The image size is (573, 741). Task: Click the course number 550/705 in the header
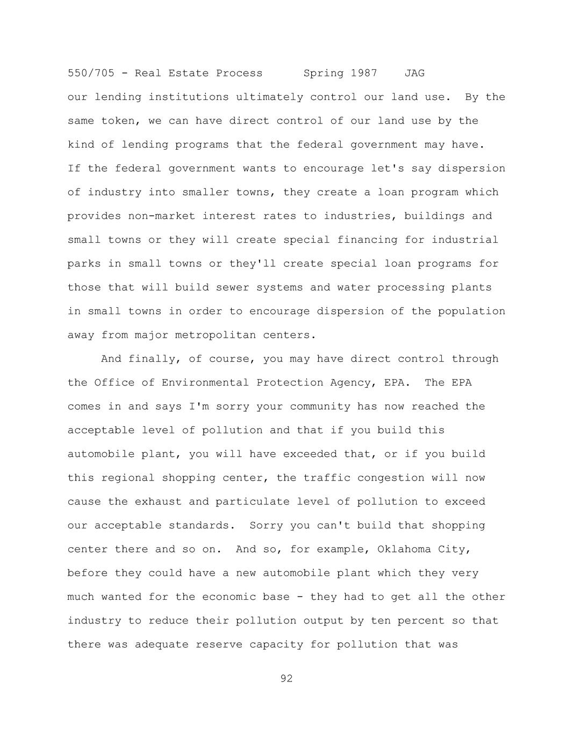click(91, 73)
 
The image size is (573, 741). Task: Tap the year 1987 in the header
click(364, 73)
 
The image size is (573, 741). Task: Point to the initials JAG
click(414, 73)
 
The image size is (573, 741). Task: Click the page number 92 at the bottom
click(286, 679)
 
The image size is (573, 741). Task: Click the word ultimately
click(269, 97)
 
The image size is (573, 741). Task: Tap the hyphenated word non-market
click(162, 216)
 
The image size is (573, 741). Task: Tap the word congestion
click(391, 478)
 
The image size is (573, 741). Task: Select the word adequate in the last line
click(162, 644)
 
